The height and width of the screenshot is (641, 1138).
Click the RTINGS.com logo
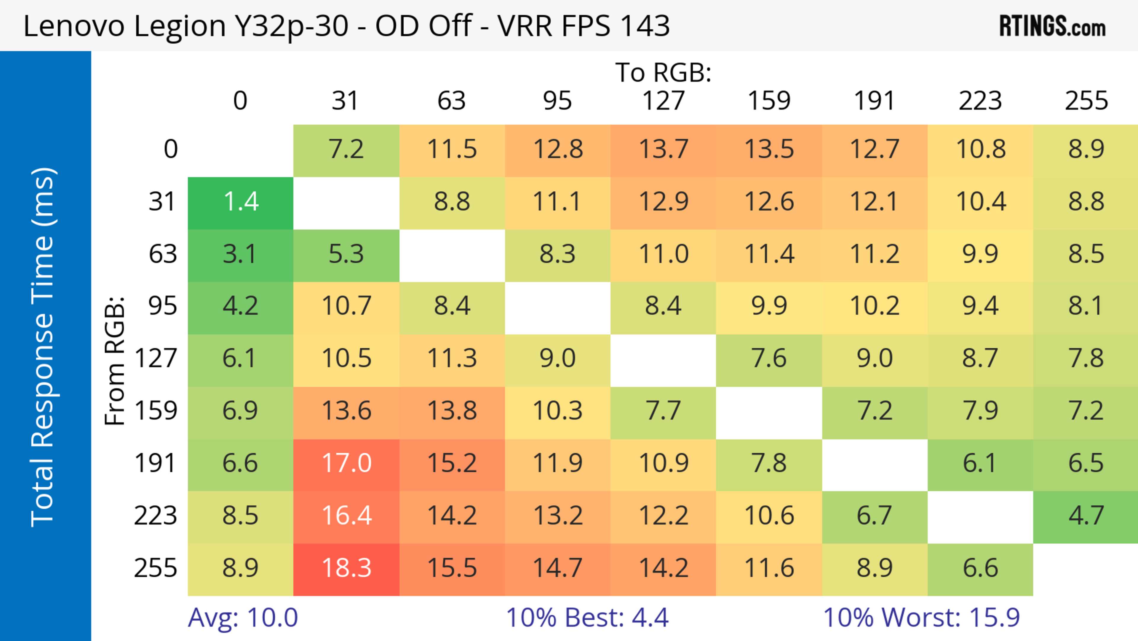point(1052,26)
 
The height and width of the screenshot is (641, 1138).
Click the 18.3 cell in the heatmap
point(346,569)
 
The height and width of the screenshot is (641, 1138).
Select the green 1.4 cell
point(240,203)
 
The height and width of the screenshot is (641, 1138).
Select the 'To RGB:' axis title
point(663,72)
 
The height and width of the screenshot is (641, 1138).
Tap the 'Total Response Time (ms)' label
point(43,347)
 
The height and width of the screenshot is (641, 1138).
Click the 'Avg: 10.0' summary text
point(242,618)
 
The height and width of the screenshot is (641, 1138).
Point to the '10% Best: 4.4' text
point(587,618)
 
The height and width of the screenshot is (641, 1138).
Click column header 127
point(663,101)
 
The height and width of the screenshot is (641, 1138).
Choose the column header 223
point(980,101)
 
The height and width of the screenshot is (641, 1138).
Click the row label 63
point(163,255)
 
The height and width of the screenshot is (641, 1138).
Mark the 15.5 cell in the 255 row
point(452,569)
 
